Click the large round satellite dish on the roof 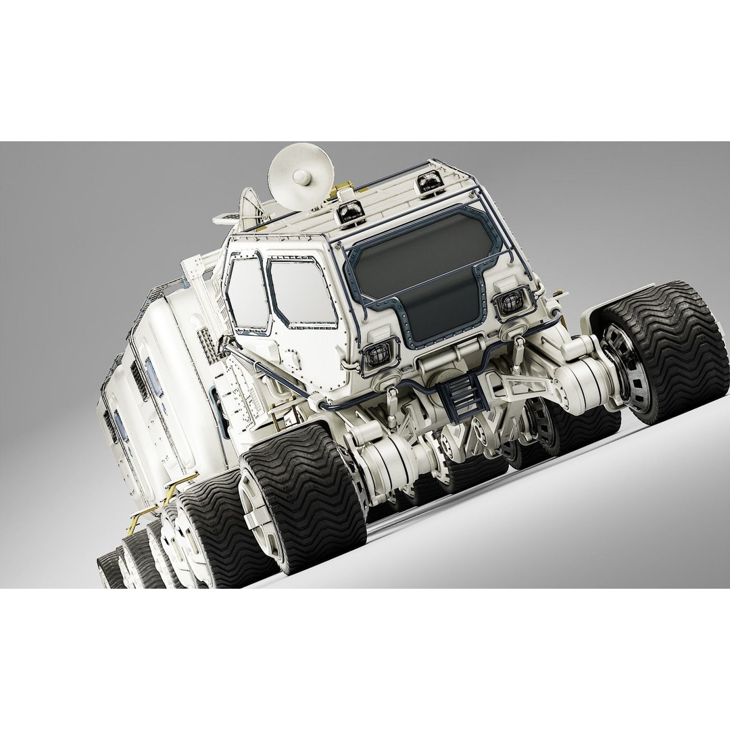click(297, 170)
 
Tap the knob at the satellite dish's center click(301, 178)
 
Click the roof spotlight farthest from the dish click(430, 180)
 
